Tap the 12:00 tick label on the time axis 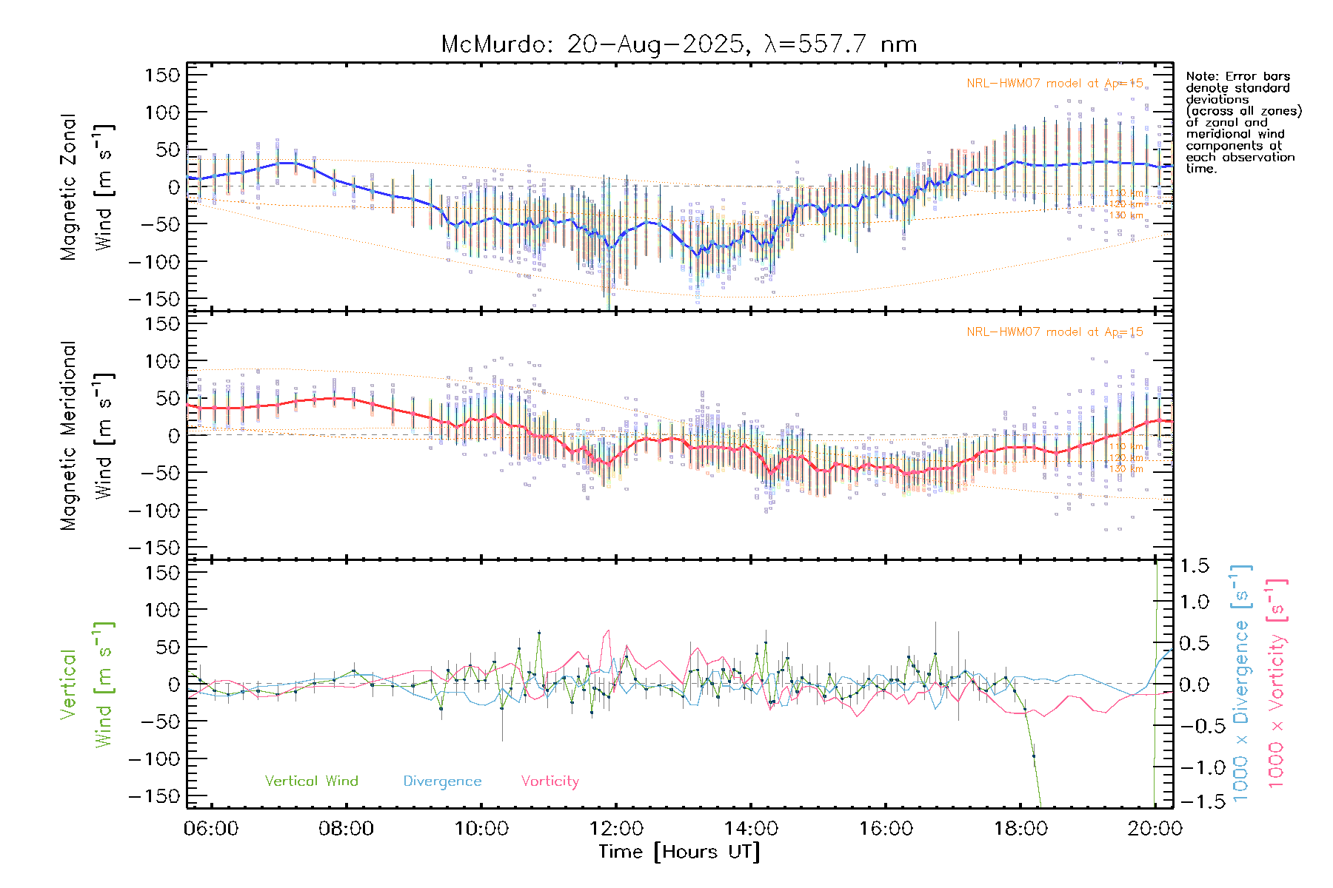[x=616, y=829]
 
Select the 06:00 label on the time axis [x=212, y=829]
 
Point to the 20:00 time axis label [x=1155, y=829]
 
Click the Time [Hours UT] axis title [x=679, y=852]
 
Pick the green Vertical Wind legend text [x=311, y=781]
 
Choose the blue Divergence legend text [x=442, y=781]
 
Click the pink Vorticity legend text [x=549, y=781]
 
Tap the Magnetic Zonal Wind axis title [x=87, y=186]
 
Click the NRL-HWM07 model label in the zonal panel [x=1055, y=84]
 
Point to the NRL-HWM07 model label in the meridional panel [x=1055, y=332]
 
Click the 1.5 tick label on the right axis [x=1195, y=566]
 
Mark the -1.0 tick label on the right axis [x=1193, y=767]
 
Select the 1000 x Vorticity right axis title [x=1276, y=682]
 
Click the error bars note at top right [x=1243, y=122]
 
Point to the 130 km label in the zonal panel [x=1126, y=215]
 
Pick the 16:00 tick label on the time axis [x=886, y=829]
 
